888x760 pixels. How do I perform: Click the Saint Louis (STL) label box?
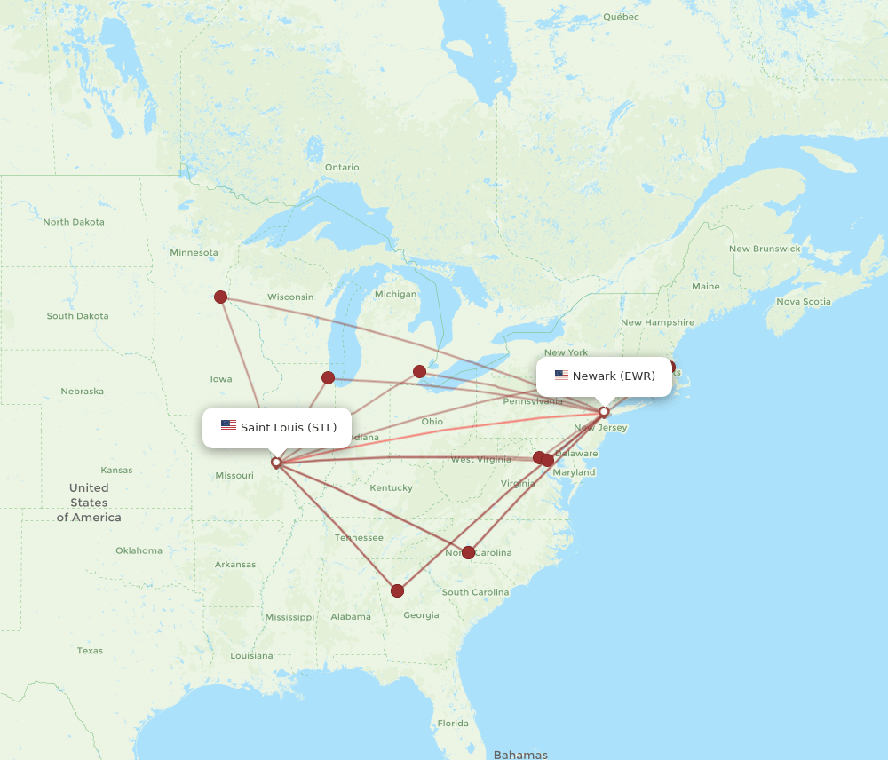[x=277, y=427]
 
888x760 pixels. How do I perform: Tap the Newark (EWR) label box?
[x=604, y=376]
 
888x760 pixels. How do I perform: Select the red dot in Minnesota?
[x=221, y=297]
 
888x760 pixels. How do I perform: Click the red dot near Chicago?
[x=328, y=377]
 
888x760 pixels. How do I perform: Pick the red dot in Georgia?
[x=397, y=590]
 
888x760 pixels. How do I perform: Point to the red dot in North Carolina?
[x=469, y=552]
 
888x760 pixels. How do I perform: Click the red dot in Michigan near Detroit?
[x=419, y=371]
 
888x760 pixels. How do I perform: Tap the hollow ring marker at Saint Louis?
[x=276, y=462]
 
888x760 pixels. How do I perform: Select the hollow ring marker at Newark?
[x=604, y=411]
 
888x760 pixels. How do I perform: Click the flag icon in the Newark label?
[x=561, y=376]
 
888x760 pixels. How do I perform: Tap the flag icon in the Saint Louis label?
[x=228, y=427]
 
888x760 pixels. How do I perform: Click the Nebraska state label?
[x=82, y=392]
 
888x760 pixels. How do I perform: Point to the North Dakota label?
[x=74, y=222]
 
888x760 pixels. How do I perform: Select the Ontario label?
[x=342, y=167]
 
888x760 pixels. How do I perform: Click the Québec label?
[x=621, y=17]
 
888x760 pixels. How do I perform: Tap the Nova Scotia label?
[x=804, y=302]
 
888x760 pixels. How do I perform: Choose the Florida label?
[x=453, y=724]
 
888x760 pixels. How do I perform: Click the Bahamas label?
[x=520, y=755]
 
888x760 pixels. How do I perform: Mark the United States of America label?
[x=89, y=503]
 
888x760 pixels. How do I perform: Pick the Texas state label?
[x=90, y=651]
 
